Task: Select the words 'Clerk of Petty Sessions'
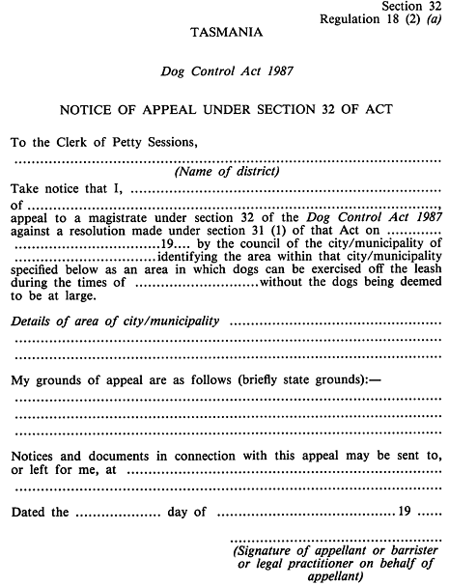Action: (x=126, y=142)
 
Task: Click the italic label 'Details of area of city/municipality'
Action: (x=114, y=320)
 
